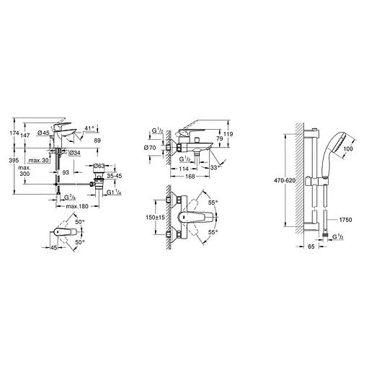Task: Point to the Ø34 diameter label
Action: pyautogui.click(x=74, y=153)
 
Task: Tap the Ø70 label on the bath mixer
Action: pyautogui.click(x=149, y=148)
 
